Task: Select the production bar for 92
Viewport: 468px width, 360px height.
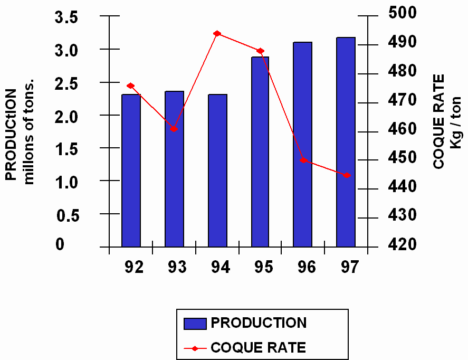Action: coord(131,170)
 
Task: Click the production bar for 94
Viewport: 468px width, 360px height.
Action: coord(217,170)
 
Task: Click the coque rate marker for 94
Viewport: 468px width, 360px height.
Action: coord(217,33)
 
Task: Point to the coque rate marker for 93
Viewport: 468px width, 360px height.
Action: coord(174,129)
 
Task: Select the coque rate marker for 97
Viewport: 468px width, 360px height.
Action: coord(346,175)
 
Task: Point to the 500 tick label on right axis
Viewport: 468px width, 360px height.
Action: coord(402,13)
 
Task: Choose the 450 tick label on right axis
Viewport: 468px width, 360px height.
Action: coord(402,157)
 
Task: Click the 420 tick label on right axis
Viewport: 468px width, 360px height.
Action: coord(402,244)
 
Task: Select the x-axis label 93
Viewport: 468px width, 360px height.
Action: coord(177,267)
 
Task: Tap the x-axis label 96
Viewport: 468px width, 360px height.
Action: coord(307,267)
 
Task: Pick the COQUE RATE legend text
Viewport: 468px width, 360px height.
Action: coord(258,347)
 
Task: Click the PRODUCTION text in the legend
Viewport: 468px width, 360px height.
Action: coord(258,323)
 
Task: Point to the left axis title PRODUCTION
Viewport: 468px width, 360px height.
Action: coord(12,135)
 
